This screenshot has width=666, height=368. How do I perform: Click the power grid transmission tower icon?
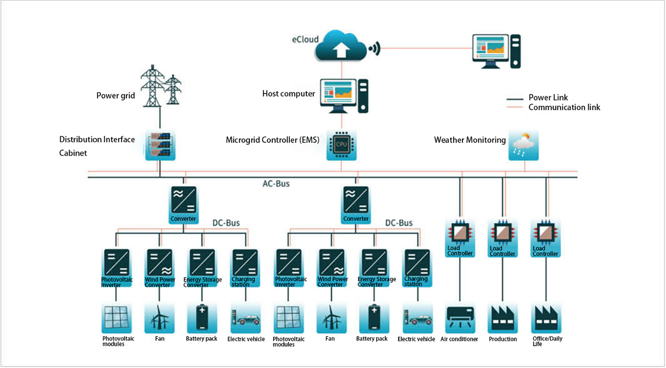pyautogui.click(x=160, y=86)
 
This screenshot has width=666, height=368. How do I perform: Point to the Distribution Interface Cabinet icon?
pyautogui.click(x=160, y=145)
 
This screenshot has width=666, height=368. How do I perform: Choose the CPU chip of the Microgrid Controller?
pyautogui.click(x=341, y=145)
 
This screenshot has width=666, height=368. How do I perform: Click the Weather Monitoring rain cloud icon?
pyautogui.click(x=523, y=145)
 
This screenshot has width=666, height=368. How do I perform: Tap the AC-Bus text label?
pyautogui.click(x=276, y=184)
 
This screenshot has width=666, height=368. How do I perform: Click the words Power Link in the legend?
pyautogui.click(x=548, y=98)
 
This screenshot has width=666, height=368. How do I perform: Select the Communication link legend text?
pyautogui.click(x=564, y=107)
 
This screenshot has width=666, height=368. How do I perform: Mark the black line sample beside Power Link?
pyautogui.click(x=514, y=99)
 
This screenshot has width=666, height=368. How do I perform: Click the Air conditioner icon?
pyautogui.click(x=460, y=318)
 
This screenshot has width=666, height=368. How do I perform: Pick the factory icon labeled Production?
pyautogui.click(x=503, y=318)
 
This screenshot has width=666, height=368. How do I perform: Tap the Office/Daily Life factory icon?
pyautogui.click(x=546, y=318)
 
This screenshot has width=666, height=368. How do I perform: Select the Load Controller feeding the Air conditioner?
pyautogui.click(x=460, y=238)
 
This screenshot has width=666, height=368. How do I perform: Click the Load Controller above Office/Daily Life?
pyautogui.click(x=545, y=238)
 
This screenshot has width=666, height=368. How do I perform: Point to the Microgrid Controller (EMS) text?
pyautogui.click(x=272, y=140)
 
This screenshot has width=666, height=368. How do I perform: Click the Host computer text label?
pyautogui.click(x=288, y=94)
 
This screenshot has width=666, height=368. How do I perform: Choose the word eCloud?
pyautogui.click(x=305, y=40)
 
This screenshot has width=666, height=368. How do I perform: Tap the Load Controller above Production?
pyautogui.click(x=502, y=238)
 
